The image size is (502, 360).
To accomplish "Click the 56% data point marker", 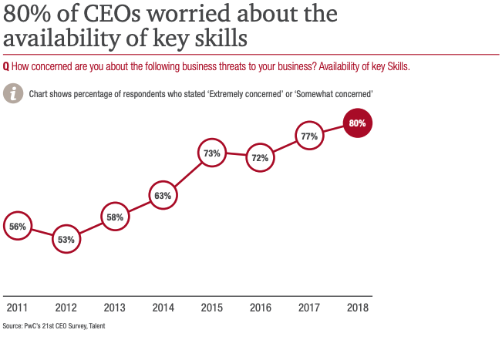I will tap(18, 227).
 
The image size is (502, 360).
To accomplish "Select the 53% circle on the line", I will tap(66, 240).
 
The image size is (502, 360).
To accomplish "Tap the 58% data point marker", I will tap(115, 217).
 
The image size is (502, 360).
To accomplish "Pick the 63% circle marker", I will tap(163, 196).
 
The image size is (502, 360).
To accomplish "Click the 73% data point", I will tap(212, 153).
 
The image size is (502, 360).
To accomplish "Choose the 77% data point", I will tap(309, 136).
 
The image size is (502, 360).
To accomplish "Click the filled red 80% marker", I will tap(357, 123).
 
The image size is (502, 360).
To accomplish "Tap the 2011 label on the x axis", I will tap(17, 308).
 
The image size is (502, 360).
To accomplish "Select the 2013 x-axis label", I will tap(114, 308).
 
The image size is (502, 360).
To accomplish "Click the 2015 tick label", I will tap(212, 308).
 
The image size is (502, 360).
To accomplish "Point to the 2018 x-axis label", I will tap(357, 308).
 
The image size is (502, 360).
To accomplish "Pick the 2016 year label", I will tap(261, 308).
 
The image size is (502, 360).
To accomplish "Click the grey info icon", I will tap(12, 93).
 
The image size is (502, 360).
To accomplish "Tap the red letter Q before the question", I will tap(6, 66).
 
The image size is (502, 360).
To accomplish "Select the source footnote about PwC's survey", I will tap(54, 326).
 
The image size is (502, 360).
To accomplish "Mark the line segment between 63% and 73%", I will tap(187, 175).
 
